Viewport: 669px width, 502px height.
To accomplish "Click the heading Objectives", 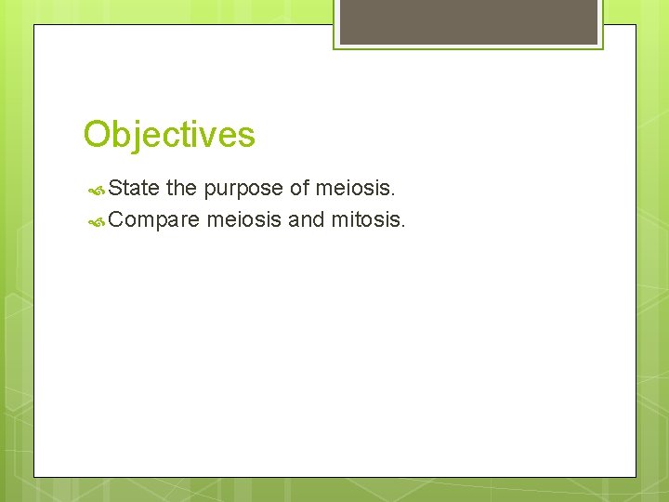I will point(169,135).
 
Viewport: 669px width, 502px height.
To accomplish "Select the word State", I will point(134,189).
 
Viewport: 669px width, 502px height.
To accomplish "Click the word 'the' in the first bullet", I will point(181,189).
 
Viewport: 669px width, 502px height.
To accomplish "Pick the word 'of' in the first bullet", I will point(299,189).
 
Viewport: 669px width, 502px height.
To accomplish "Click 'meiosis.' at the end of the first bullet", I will point(356,189).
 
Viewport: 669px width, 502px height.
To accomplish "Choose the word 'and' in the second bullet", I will point(307,220).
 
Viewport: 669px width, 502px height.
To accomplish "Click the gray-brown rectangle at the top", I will point(468,21).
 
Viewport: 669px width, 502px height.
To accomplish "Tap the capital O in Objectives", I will point(96,135).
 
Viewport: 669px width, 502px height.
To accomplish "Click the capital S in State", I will point(115,189).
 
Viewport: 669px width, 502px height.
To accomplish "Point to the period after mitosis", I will point(403,227).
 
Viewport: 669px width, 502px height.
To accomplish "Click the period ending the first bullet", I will point(394,195).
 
